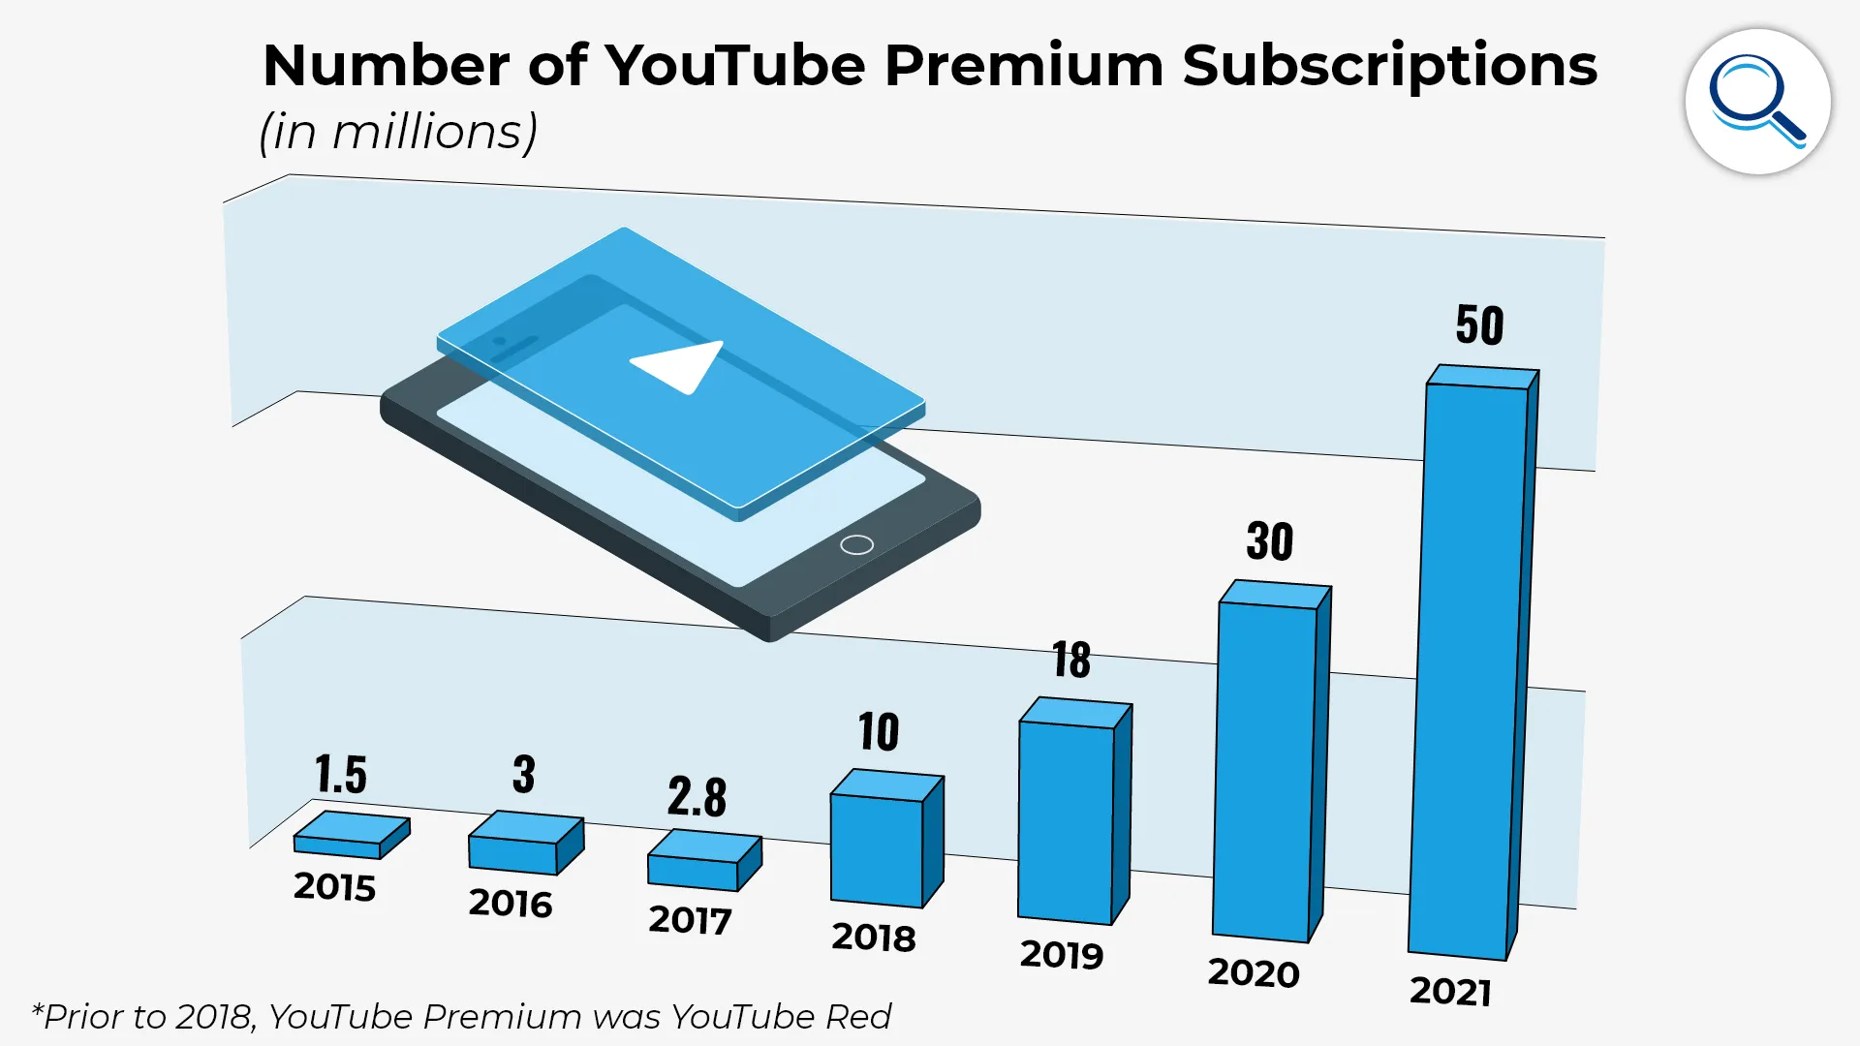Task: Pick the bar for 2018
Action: click(x=877, y=847)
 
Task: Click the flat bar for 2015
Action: click(x=349, y=835)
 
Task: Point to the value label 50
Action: click(x=1479, y=325)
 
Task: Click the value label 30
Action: click(x=1269, y=541)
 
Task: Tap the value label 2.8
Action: click(x=697, y=797)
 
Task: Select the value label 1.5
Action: click(x=340, y=775)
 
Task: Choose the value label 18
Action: click(x=1071, y=661)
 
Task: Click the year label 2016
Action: click(x=511, y=904)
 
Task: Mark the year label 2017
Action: click(x=690, y=920)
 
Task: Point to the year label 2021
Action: click(x=1450, y=992)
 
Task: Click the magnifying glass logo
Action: click(x=1757, y=102)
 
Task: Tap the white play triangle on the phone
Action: click(x=682, y=365)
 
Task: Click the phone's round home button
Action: click(x=856, y=544)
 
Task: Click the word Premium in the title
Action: click(x=1023, y=66)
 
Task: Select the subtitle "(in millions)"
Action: click(x=398, y=132)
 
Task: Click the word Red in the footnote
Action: click(x=857, y=1017)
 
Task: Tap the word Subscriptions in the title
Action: click(x=1389, y=66)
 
